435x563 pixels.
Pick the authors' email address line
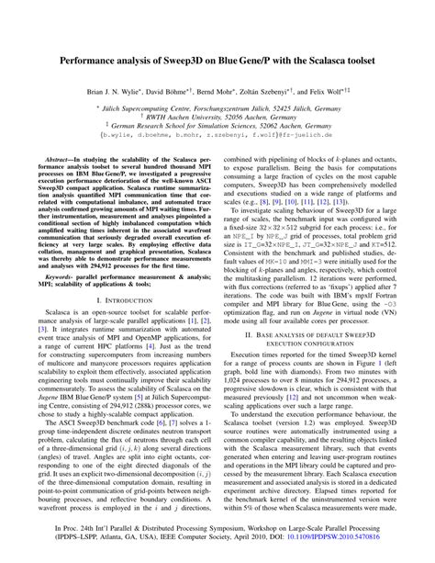pos(217,141)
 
